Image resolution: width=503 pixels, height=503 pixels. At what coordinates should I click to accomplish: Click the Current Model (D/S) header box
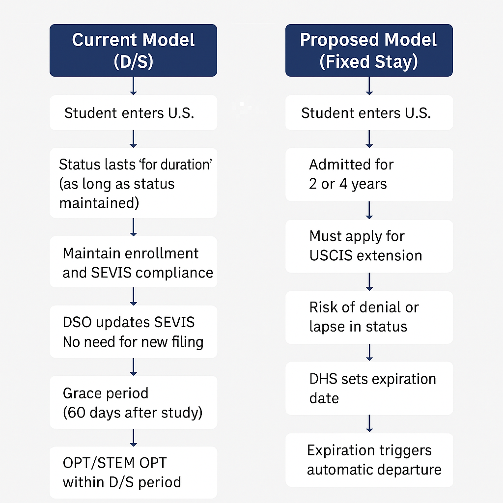133,51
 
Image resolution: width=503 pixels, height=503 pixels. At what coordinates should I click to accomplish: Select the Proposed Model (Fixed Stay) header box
369,51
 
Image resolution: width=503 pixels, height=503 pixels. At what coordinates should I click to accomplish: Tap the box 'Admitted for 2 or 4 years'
369,174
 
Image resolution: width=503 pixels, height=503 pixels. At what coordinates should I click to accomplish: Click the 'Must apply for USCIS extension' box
369,246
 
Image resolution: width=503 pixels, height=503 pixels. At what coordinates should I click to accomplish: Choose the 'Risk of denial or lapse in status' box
369,317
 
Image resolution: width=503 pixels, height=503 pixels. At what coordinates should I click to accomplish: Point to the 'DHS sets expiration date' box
369,388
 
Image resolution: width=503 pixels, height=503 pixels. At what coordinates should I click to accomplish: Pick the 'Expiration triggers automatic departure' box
369,460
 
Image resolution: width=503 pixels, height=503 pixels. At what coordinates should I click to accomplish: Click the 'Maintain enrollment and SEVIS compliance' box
134,262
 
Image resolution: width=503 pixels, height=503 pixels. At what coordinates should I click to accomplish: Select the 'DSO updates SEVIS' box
134,332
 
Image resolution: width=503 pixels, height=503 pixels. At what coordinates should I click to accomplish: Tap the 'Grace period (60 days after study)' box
134,402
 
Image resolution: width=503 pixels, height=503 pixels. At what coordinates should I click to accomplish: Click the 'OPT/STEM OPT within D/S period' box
134,473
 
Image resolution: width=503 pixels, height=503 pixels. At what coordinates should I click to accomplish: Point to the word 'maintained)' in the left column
99,203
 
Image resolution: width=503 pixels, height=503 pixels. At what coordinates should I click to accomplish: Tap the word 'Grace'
82,393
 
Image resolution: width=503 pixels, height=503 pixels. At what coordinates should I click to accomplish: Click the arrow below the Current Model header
134,86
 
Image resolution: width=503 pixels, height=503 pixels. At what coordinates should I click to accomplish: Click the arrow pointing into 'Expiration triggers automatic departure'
369,424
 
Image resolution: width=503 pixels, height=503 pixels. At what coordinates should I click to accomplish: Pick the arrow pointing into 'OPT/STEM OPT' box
134,438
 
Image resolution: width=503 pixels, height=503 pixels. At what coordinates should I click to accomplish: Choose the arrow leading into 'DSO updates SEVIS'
134,296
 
